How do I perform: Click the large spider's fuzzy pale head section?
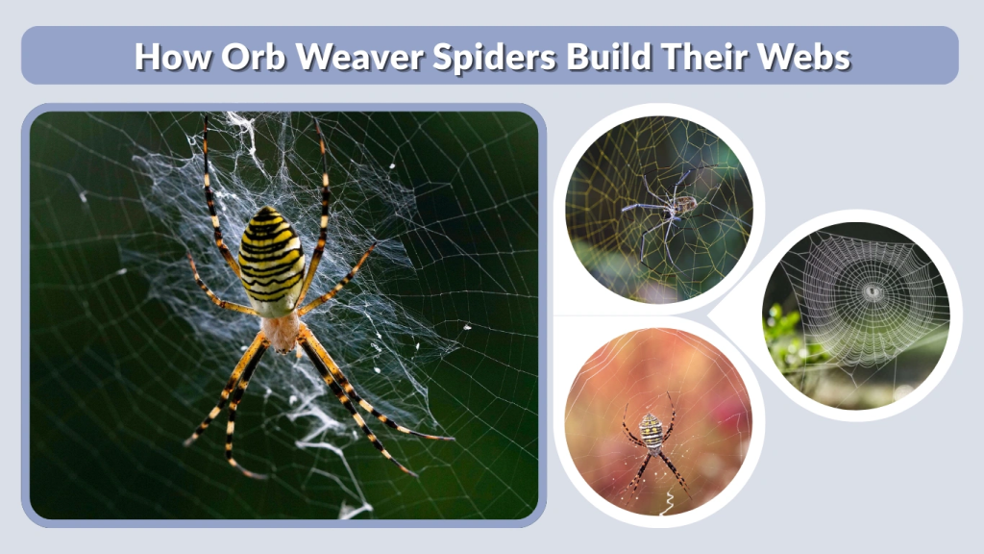[282, 333]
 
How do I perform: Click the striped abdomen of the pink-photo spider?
[652, 430]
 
